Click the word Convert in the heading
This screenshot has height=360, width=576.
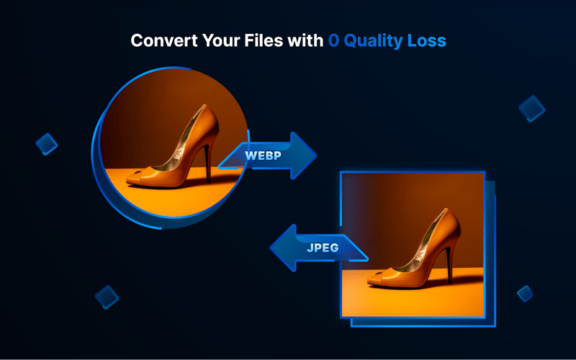tap(160, 40)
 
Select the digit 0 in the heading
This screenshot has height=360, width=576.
tap(333, 40)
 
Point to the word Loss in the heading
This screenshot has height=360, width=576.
tap(426, 40)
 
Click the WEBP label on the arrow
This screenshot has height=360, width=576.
tap(264, 156)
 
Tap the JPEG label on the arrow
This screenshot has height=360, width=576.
tap(323, 248)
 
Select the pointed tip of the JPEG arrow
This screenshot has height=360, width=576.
tap(271, 248)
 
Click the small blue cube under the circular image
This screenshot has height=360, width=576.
tap(107, 297)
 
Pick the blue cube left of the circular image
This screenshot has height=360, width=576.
tap(47, 144)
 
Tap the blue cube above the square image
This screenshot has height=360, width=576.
tap(532, 108)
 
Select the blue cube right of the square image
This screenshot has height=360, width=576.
tap(525, 293)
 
